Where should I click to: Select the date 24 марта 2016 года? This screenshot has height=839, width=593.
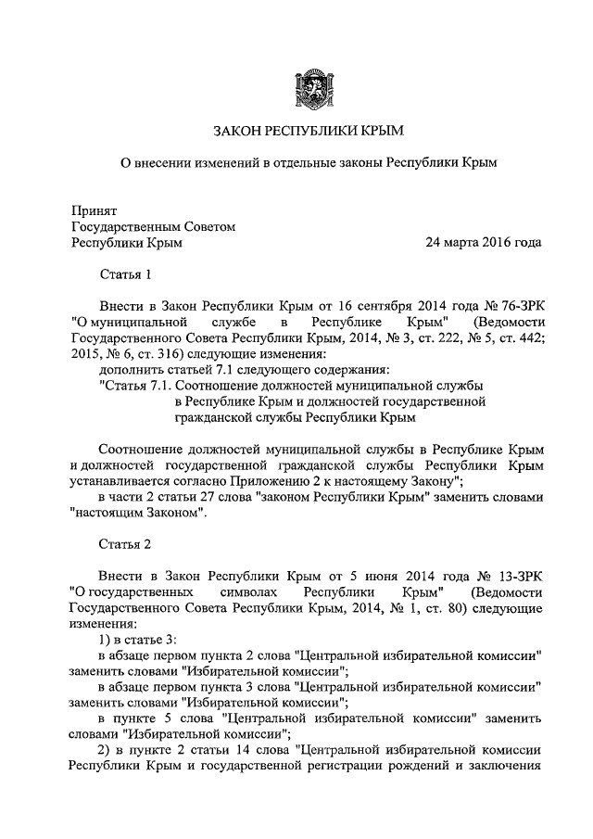coord(483,243)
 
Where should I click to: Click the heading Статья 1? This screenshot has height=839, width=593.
coord(123,274)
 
